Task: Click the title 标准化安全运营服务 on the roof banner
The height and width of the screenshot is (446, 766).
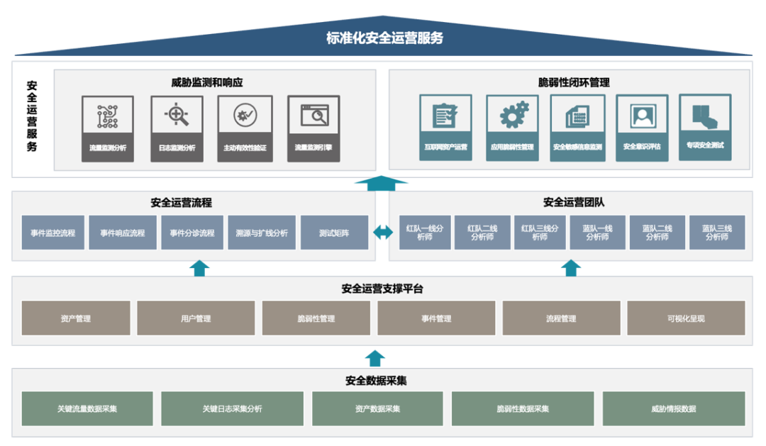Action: [x=384, y=38]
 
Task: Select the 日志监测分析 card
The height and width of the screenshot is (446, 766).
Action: [x=177, y=128]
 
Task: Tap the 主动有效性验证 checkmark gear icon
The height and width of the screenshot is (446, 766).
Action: [x=245, y=114]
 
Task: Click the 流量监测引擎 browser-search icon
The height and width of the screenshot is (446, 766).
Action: [x=313, y=114]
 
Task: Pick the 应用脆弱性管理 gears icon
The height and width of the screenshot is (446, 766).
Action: [x=512, y=114]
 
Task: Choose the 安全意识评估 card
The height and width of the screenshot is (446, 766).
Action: [x=642, y=128]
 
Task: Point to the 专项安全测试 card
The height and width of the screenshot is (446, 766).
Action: [x=705, y=127]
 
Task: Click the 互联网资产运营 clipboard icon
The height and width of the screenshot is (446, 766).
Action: [x=445, y=114]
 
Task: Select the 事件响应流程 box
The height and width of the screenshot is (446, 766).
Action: [x=122, y=233]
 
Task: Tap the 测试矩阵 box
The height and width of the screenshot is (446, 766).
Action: [x=334, y=233]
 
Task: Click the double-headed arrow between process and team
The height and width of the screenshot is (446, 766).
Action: [x=383, y=232]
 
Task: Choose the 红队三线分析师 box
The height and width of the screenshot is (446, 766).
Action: [x=540, y=233]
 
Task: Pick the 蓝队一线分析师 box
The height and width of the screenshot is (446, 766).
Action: [x=597, y=233]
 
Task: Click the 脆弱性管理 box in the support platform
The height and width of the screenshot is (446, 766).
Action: [x=316, y=318]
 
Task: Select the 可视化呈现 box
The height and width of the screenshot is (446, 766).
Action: [x=686, y=318]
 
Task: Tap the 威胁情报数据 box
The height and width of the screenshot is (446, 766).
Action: [x=673, y=408]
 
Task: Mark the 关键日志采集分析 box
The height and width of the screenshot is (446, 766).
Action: [x=232, y=408]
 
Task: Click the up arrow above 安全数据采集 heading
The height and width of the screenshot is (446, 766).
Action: [x=375, y=358]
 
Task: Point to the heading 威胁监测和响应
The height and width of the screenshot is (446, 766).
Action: [x=207, y=82]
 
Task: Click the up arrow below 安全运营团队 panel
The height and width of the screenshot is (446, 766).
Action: [x=572, y=268]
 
